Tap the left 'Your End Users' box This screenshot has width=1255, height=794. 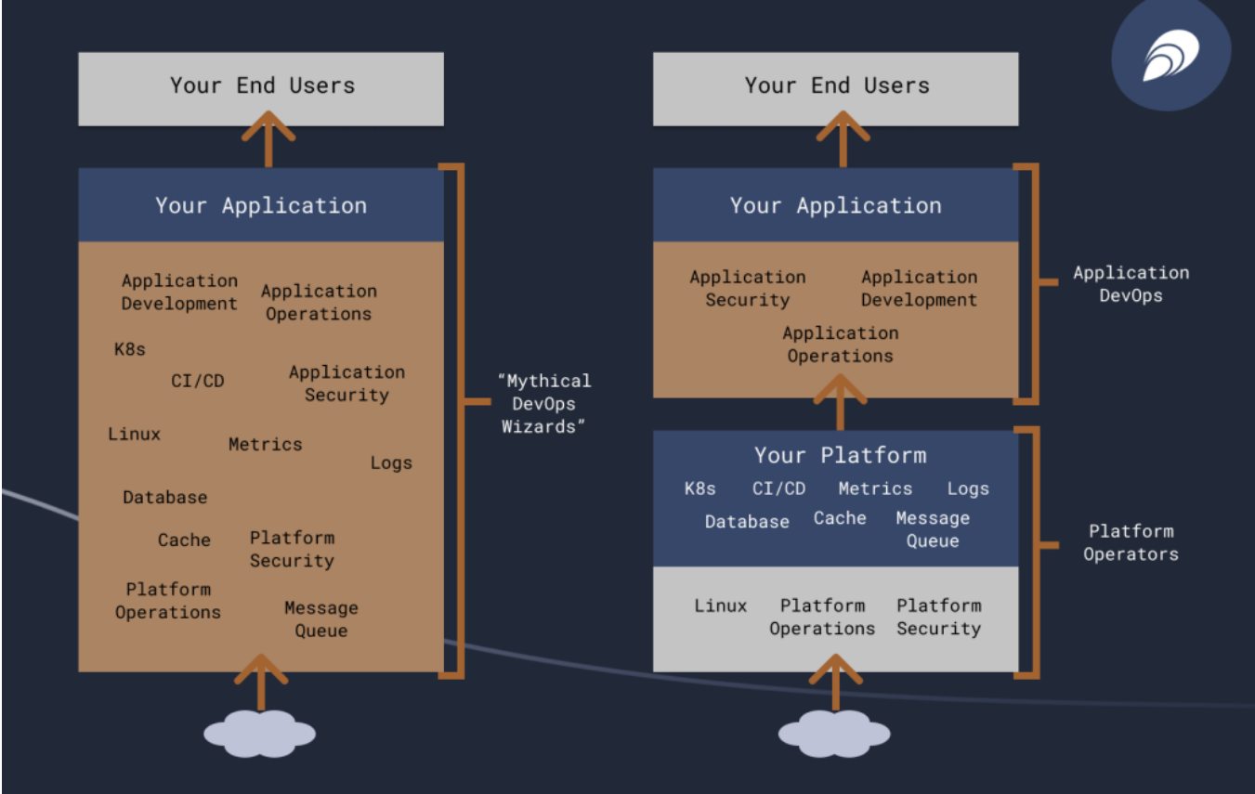(x=261, y=87)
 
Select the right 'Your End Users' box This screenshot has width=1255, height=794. (x=835, y=87)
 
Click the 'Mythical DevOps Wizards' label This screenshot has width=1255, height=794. (x=543, y=404)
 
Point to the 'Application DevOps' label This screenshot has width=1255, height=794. (x=1130, y=284)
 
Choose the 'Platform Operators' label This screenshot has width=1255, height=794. (x=1130, y=542)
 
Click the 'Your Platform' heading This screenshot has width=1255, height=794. (x=840, y=455)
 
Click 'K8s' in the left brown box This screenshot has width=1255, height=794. (x=130, y=350)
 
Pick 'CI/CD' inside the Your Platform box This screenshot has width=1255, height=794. (x=778, y=488)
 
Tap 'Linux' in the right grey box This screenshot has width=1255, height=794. (x=720, y=605)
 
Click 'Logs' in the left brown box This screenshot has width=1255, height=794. (x=390, y=462)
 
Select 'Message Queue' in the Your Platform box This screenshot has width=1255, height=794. (x=932, y=529)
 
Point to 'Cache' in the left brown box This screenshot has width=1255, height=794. (x=184, y=540)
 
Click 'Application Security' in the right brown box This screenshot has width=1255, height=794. (x=747, y=288)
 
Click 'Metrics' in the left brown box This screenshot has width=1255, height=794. (x=265, y=445)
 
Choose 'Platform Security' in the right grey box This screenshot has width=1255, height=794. (x=938, y=617)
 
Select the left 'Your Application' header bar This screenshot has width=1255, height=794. (x=261, y=205)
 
